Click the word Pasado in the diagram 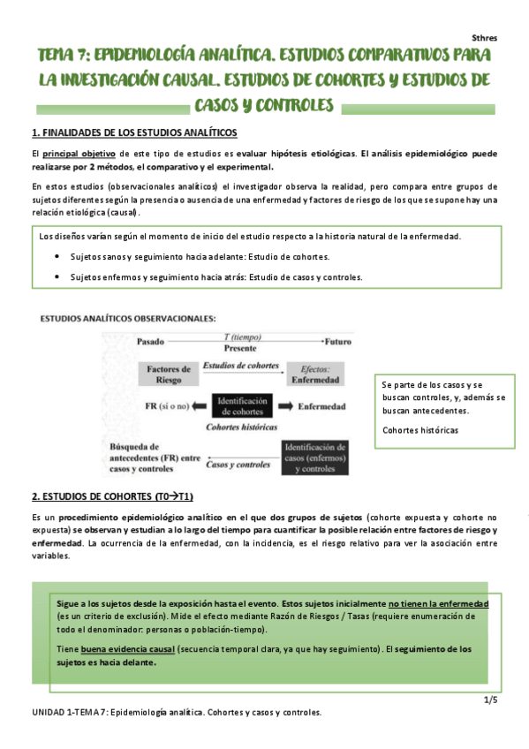pos(151,340)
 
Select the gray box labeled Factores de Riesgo pos(169,374)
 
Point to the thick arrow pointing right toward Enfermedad pos(285,406)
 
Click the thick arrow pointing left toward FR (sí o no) pos(200,406)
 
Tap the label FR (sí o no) pos(164,406)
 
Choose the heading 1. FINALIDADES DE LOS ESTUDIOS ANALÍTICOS pos(134,132)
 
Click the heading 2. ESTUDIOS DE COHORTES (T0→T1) pos(118,496)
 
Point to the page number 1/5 pos(490,700)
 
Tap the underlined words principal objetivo pos(77,155)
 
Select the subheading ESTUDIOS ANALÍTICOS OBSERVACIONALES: pos(129,318)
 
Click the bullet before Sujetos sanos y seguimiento pos(57,257)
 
